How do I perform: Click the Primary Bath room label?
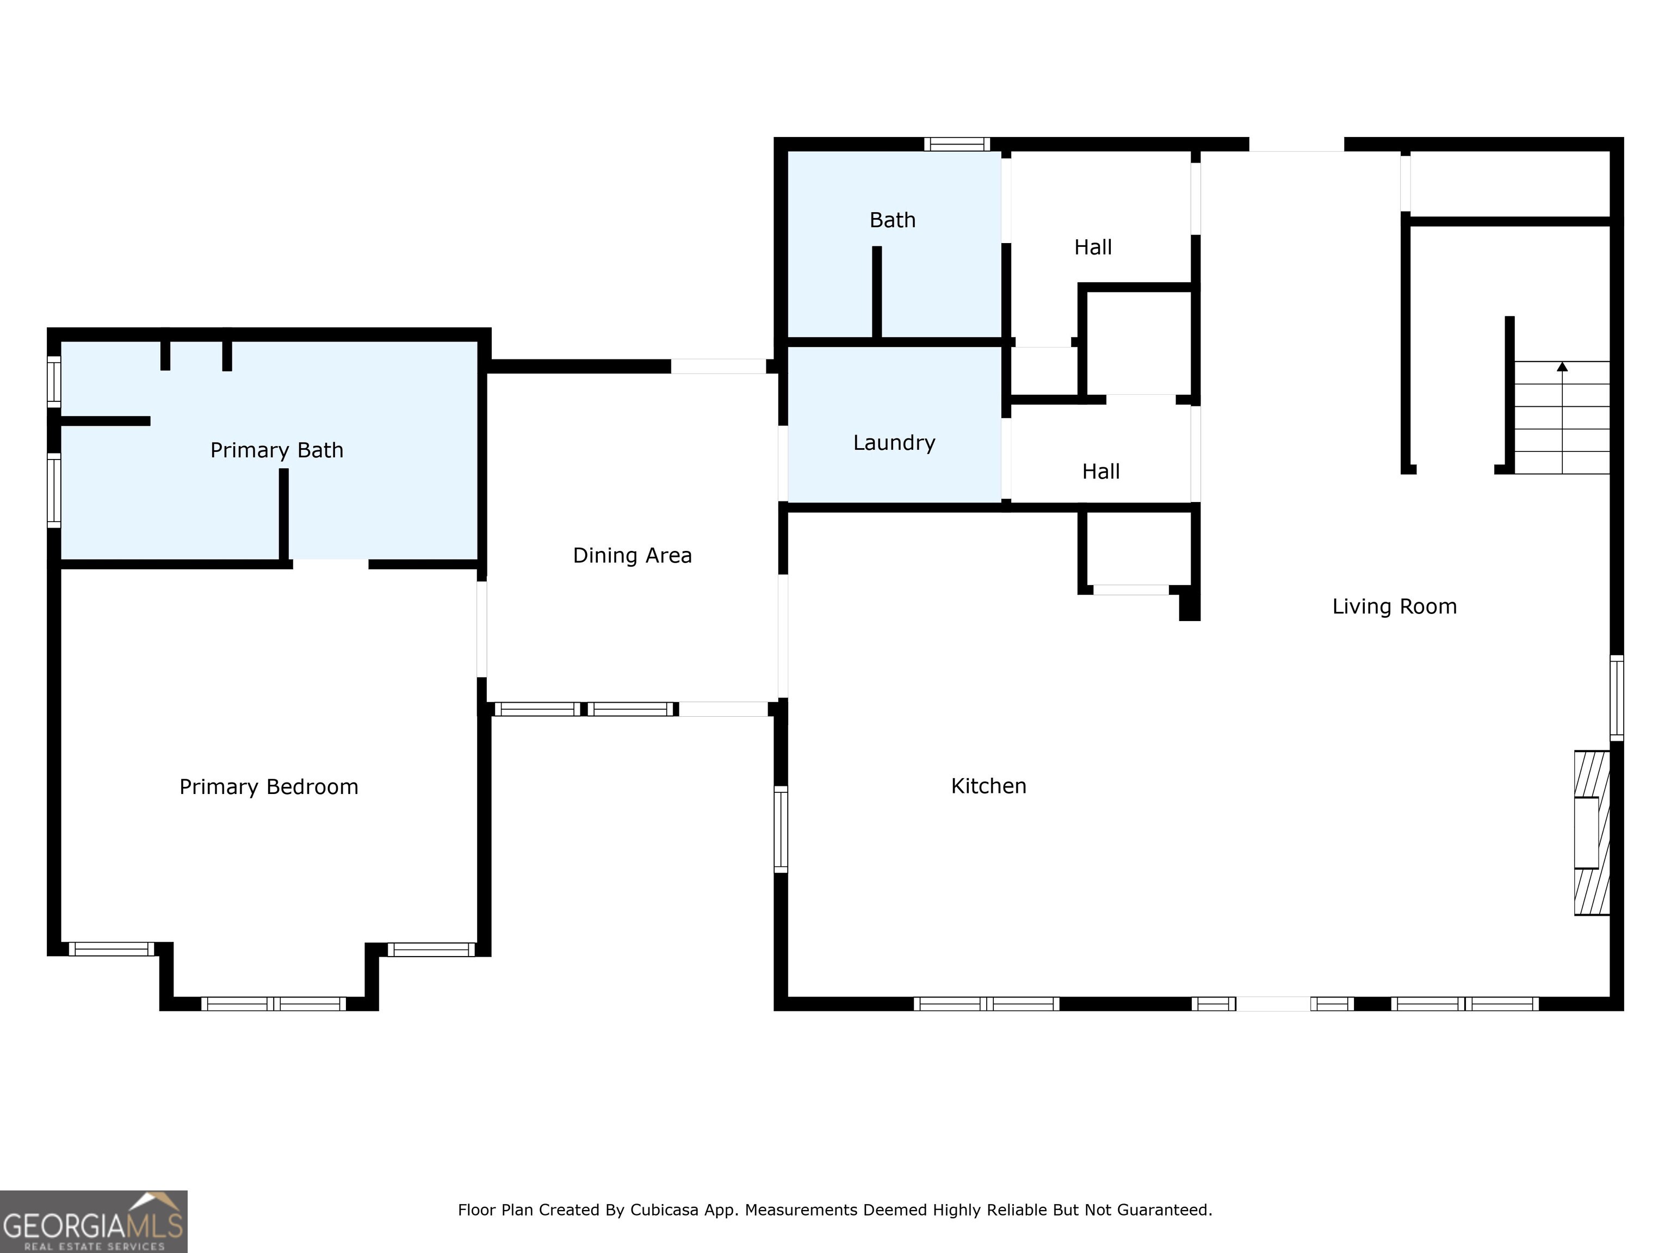pyautogui.click(x=276, y=450)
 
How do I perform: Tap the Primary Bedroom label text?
pyautogui.click(x=268, y=787)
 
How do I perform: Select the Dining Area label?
pyautogui.click(x=632, y=555)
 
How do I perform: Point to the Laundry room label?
pyautogui.click(x=894, y=443)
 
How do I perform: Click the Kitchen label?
pyautogui.click(x=988, y=786)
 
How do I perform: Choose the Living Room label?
pyautogui.click(x=1394, y=606)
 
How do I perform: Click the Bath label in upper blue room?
pyautogui.click(x=892, y=220)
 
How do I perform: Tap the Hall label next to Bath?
pyautogui.click(x=1092, y=247)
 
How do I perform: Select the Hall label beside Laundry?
pyautogui.click(x=1100, y=472)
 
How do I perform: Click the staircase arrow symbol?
pyautogui.click(x=1562, y=368)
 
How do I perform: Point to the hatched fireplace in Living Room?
pyautogui.click(x=1591, y=832)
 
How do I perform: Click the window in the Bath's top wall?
pyautogui.click(x=956, y=144)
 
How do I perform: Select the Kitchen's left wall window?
pyautogui.click(x=781, y=829)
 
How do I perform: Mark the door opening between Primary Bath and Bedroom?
pyautogui.click(x=330, y=564)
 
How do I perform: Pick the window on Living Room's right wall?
pyautogui.click(x=1616, y=698)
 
